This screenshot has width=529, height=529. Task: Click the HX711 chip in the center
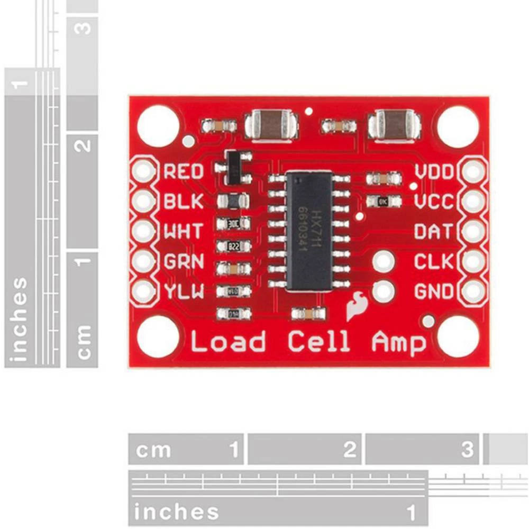[309, 231]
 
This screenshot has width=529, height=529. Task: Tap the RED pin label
[184, 171]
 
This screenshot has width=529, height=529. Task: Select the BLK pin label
[184, 201]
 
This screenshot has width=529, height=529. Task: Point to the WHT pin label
[184, 231]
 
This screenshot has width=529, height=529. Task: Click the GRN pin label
[184, 261]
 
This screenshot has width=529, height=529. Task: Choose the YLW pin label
[184, 291]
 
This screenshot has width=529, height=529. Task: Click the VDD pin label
[434, 172]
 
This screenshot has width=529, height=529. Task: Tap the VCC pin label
[434, 202]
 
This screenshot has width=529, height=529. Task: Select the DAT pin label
[434, 231]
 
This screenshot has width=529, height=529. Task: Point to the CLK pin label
[434, 261]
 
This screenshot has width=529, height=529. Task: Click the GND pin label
[434, 291]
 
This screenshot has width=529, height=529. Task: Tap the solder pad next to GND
[474, 290]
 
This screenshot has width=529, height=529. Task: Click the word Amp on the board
[398, 342]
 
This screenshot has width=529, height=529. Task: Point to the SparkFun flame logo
[354, 306]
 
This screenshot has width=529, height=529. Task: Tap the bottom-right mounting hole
[458, 337]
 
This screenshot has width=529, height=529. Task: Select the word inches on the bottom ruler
[176, 512]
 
